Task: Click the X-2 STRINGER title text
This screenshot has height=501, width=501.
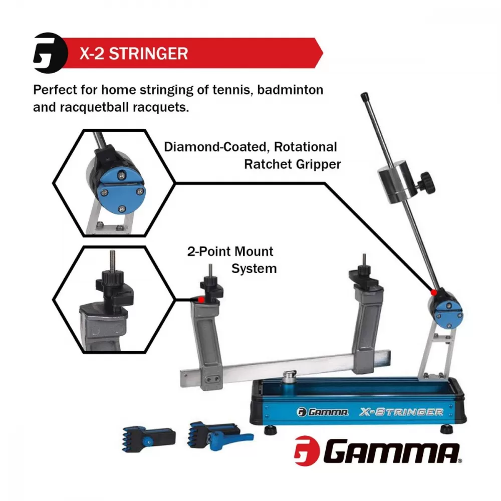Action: [x=134, y=53]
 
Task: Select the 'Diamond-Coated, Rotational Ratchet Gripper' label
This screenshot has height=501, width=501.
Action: [x=250, y=155]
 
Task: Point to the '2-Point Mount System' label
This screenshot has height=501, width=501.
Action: [x=230, y=260]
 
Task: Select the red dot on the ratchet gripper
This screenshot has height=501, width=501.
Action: [x=433, y=291]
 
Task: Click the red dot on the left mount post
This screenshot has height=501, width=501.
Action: [x=201, y=299]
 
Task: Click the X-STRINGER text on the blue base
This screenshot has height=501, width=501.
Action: [x=401, y=412]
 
